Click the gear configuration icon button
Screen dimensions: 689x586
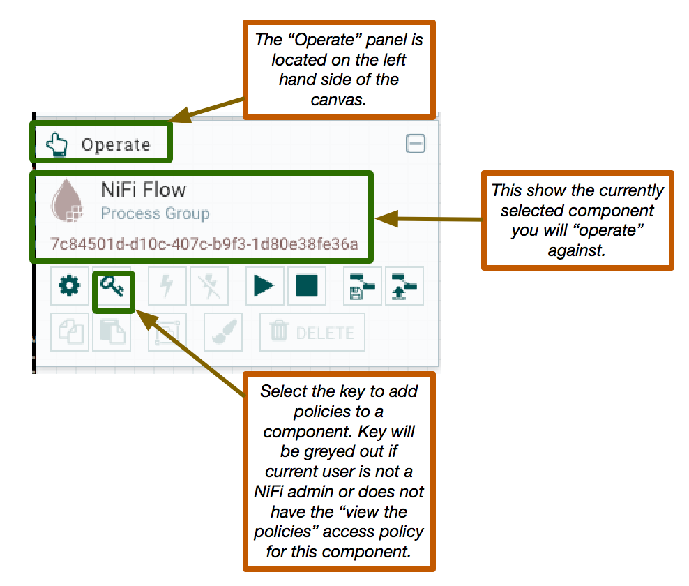(x=70, y=286)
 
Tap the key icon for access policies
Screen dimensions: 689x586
(x=112, y=287)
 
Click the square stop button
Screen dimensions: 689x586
(x=307, y=286)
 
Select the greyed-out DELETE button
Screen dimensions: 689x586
(x=312, y=332)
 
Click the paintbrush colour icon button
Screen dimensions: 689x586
(x=223, y=332)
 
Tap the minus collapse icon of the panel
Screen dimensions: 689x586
(x=416, y=144)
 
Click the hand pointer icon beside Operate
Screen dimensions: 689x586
(x=57, y=144)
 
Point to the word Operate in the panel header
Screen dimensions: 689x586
(x=116, y=144)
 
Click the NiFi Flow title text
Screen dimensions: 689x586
(x=144, y=190)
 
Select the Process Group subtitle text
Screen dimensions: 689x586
(x=155, y=213)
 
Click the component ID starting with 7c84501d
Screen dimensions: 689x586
(x=204, y=243)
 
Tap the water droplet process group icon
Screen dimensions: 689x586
(x=67, y=200)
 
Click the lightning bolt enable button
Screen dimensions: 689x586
(x=167, y=286)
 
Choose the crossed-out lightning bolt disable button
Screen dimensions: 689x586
(x=209, y=286)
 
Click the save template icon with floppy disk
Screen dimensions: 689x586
(x=362, y=286)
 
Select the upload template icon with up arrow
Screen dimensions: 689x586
(x=404, y=286)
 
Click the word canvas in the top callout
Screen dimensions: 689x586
(x=338, y=100)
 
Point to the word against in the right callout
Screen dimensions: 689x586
(x=577, y=250)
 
